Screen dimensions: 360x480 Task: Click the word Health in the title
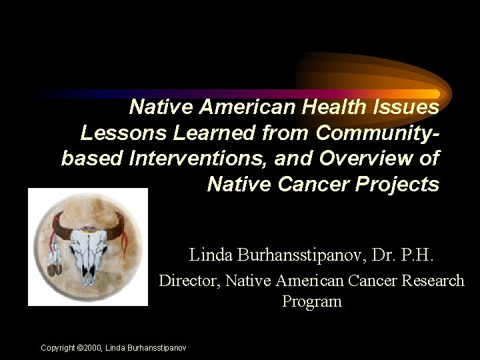tap(331, 107)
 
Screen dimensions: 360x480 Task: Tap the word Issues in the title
tap(407, 107)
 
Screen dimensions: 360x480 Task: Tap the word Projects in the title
tap(402, 184)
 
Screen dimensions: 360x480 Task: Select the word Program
tap(311, 301)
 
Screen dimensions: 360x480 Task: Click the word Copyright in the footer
tap(57, 347)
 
